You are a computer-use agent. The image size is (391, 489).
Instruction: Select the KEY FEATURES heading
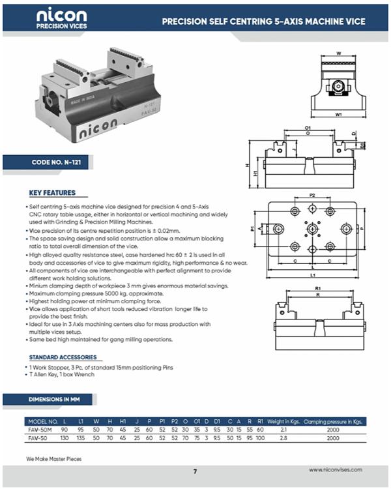click(x=52, y=193)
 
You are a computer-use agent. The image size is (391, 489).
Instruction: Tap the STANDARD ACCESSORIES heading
click(x=63, y=357)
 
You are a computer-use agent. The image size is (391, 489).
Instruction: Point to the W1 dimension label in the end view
click(x=339, y=114)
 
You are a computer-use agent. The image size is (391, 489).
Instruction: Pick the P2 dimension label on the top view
click(x=312, y=195)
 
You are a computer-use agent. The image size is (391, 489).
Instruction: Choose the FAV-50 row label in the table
click(x=38, y=439)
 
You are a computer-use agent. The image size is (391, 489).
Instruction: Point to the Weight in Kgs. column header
click(x=284, y=421)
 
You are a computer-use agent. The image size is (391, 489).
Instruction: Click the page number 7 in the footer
click(x=195, y=471)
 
